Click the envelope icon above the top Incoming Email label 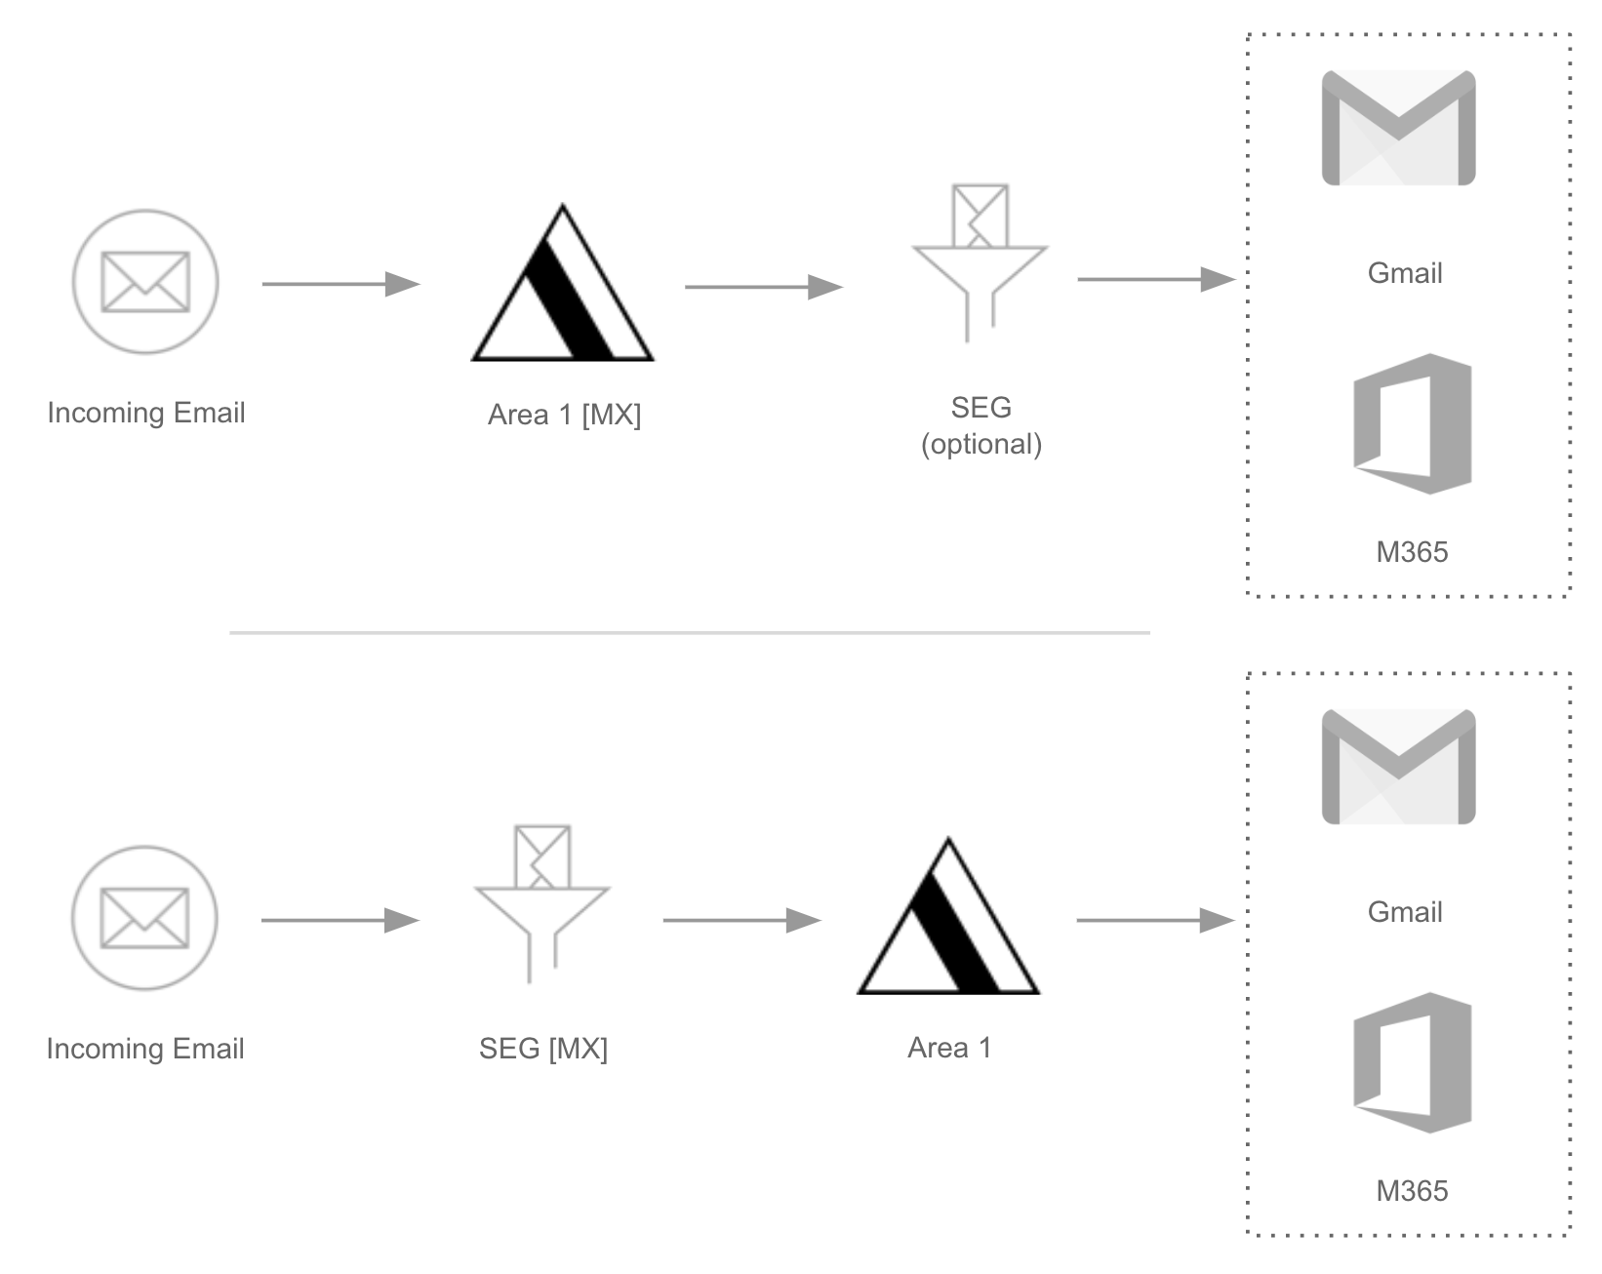145,282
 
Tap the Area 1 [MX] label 564,415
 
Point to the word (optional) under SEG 981,445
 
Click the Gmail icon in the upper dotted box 1398,128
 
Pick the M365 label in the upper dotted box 1412,552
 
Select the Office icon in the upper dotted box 1412,423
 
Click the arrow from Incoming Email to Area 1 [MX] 340,284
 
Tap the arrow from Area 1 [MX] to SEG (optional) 763,287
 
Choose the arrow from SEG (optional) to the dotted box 1156,280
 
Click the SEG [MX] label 543,1049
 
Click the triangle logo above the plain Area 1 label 948,920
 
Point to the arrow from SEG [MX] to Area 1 741,920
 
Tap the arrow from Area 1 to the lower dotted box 1155,920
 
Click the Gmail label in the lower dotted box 1405,912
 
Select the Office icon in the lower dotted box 1412,1062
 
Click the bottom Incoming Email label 145,1049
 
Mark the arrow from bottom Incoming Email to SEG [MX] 340,920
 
